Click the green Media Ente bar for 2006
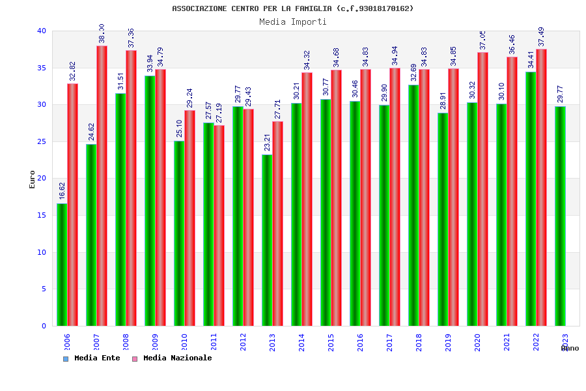pyautogui.click(x=62, y=265)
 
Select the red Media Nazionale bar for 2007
pyautogui.click(x=102, y=186)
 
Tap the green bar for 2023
pyautogui.click(x=560, y=216)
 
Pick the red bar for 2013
pyautogui.click(x=277, y=224)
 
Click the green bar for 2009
pyautogui.click(x=150, y=201)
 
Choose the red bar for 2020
pyautogui.click(x=482, y=189)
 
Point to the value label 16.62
pyautogui.click(x=62, y=190)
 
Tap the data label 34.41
pyautogui.click(x=531, y=59)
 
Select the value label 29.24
pyautogui.click(x=189, y=98)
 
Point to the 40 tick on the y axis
pyautogui.click(x=42, y=31)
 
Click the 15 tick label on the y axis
pyautogui.click(x=42, y=215)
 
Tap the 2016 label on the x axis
pyautogui.click(x=360, y=342)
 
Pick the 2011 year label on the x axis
pyautogui.click(x=214, y=342)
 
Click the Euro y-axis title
pyautogui.click(x=33, y=179)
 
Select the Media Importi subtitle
pyautogui.click(x=293, y=22)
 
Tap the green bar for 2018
pyautogui.click(x=413, y=205)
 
